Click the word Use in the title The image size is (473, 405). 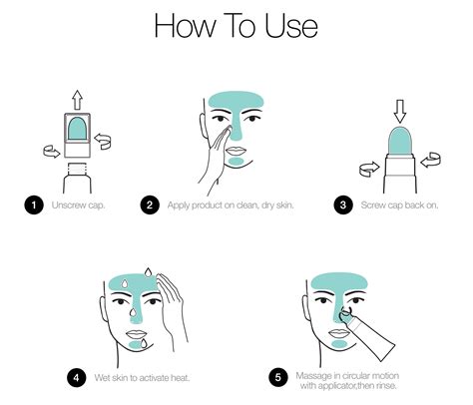point(291,26)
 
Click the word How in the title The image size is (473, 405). point(185,26)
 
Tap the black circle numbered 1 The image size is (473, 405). point(34,204)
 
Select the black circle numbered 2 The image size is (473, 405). point(150,204)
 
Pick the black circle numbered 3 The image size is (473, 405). point(343,204)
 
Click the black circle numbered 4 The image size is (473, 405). point(77,378)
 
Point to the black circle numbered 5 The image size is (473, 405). point(278,378)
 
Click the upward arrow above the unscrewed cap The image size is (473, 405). point(78,100)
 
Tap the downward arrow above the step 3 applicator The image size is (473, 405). point(400,111)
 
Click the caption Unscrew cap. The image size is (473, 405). point(78,205)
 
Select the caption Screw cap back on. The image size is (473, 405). point(399,205)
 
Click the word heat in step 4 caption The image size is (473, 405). point(180,378)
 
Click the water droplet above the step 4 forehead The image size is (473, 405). point(148,271)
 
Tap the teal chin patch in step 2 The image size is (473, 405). point(236,162)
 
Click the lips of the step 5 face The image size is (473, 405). point(338,333)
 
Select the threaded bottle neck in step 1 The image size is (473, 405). point(77,169)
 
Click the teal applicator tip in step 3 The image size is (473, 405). point(400,141)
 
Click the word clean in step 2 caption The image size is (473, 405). point(246,205)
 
